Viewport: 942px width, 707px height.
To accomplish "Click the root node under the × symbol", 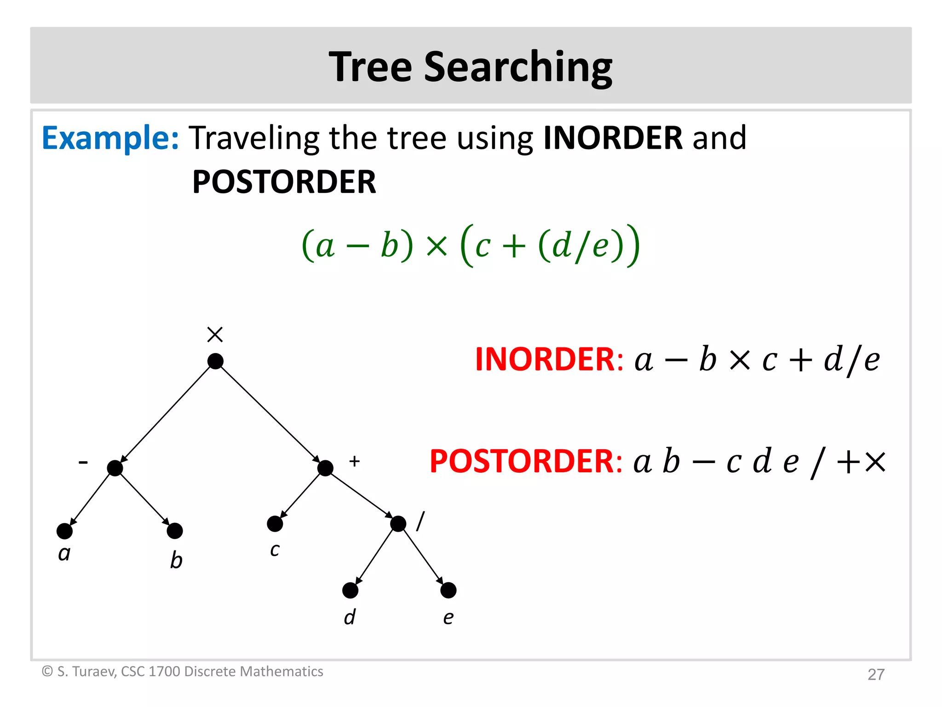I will pyautogui.click(x=215, y=361).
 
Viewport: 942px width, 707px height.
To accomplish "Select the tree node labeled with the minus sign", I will pyautogui.click(x=115, y=468).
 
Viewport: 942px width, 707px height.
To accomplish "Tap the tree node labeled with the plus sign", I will pyautogui.click(x=325, y=468).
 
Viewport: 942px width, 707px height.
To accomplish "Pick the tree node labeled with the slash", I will pyautogui.click(x=398, y=524).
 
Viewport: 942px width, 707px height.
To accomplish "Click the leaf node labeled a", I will pyautogui.click(x=64, y=531).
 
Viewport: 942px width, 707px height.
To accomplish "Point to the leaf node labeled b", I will pyautogui.click(x=175, y=531).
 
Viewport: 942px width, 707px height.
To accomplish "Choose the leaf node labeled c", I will pyautogui.click(x=275, y=524).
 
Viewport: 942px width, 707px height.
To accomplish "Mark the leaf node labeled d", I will pyautogui.click(x=350, y=591).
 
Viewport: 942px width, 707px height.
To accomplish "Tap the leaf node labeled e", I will pyautogui.click(x=448, y=591).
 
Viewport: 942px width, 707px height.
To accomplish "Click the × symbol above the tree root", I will pyautogui.click(x=215, y=335).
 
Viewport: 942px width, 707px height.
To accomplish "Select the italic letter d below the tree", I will pyautogui.click(x=350, y=617).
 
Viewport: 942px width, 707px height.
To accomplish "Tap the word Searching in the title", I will pyautogui.click(x=518, y=67).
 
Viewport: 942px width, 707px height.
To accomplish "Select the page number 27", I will pyautogui.click(x=876, y=674).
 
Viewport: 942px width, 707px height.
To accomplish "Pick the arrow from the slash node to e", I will pyautogui.click(x=423, y=557).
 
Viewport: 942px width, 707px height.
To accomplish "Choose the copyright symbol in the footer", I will pyautogui.click(x=47, y=672).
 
